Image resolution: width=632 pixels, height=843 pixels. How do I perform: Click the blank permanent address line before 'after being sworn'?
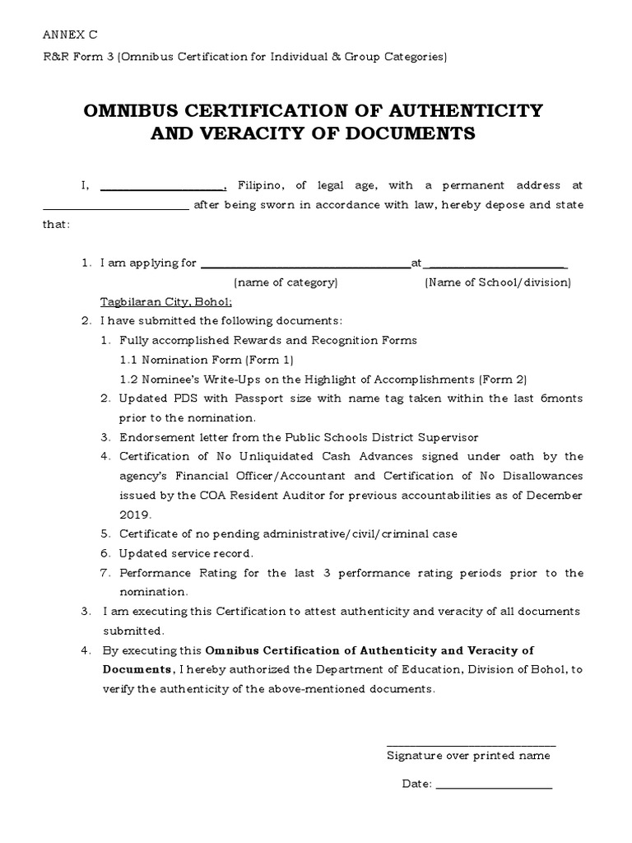[x=115, y=207]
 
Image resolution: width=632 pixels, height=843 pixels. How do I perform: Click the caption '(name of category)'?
[x=286, y=282]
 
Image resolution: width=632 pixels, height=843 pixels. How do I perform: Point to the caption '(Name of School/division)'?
[x=497, y=282]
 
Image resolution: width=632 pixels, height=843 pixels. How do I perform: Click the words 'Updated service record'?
[x=186, y=553]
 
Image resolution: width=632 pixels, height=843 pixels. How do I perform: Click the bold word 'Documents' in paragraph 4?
[x=137, y=669]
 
